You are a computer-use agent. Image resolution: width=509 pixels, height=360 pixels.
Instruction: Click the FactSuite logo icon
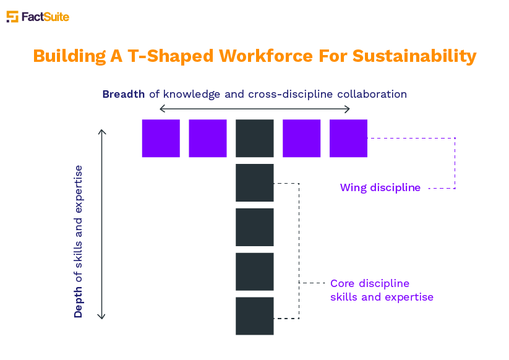[x=12, y=17]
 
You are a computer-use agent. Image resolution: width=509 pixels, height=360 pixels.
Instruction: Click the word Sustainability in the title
[x=414, y=56]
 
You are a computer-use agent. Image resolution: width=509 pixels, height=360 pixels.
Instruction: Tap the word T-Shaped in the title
[x=171, y=56]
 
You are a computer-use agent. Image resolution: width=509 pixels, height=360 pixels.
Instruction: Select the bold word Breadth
[x=123, y=94]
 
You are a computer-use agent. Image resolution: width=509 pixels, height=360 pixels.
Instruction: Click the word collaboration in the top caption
[x=372, y=94]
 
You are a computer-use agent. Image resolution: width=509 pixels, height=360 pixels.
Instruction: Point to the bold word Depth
[x=78, y=302]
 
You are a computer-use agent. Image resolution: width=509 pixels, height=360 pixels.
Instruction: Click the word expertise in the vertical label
[x=78, y=189]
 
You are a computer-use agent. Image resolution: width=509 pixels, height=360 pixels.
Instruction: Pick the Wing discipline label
[x=380, y=187]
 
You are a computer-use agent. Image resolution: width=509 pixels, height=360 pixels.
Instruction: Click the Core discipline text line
[x=370, y=283]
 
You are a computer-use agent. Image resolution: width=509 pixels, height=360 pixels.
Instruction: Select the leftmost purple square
[x=161, y=139]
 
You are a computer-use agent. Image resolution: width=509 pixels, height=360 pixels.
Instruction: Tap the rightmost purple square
[x=348, y=139]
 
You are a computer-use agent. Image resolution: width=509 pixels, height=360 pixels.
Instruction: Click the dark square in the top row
[x=255, y=139]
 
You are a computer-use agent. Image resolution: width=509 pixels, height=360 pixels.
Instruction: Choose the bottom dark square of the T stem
[x=255, y=316]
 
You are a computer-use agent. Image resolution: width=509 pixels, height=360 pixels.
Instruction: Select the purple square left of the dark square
[x=208, y=139]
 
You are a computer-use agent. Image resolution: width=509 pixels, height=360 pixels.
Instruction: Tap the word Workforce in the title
[x=266, y=56]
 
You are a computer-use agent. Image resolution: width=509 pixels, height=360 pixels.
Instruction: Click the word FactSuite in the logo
[x=45, y=17]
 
